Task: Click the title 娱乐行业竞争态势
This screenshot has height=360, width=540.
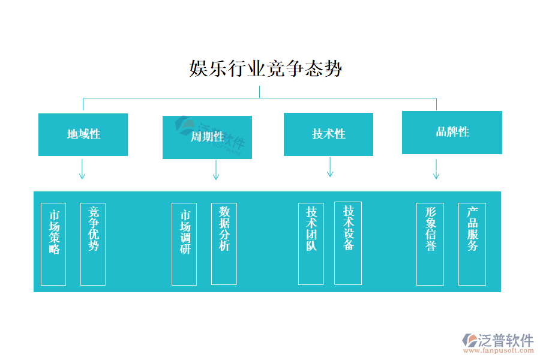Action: pyautogui.click(x=266, y=68)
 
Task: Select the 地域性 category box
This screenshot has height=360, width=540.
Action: pyautogui.click(x=83, y=134)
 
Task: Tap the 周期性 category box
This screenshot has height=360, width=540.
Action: pyautogui.click(x=207, y=137)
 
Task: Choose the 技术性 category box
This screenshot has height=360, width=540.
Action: pyautogui.click(x=328, y=134)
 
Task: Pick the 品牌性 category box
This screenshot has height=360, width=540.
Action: pyautogui.click(x=452, y=133)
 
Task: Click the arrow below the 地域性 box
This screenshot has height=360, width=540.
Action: pyautogui.click(x=82, y=169)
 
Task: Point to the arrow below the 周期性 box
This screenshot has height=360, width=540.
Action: pyautogui.click(x=216, y=170)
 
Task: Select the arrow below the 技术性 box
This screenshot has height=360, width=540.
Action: pyautogui.click(x=330, y=167)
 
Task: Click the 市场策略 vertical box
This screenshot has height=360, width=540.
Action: pyautogui.click(x=53, y=244)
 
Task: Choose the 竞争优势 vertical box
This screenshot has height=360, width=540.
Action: pyautogui.click(x=93, y=244)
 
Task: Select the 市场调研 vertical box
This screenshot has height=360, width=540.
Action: pyautogui.click(x=184, y=244)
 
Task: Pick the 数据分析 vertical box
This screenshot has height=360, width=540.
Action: pyautogui.click(x=224, y=243)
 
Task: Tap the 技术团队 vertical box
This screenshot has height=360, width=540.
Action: pyautogui.click(x=311, y=243)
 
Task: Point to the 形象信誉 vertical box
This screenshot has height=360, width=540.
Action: pyautogui.click(x=430, y=244)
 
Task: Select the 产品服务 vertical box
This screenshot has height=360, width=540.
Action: pyautogui.click(x=472, y=244)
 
